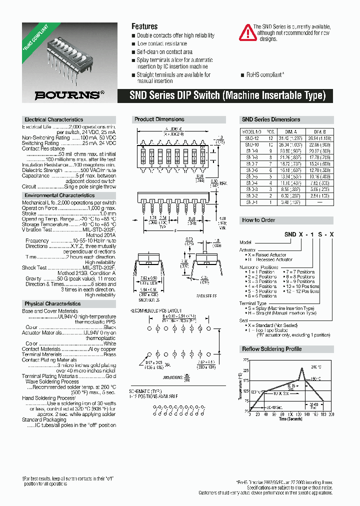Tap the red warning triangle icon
247,32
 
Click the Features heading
144,26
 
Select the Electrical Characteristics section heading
53,119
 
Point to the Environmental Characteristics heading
59,195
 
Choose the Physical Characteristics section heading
52,303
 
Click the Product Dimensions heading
159,119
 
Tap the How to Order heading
258,220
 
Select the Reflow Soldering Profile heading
271,348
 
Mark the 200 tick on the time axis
331,414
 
